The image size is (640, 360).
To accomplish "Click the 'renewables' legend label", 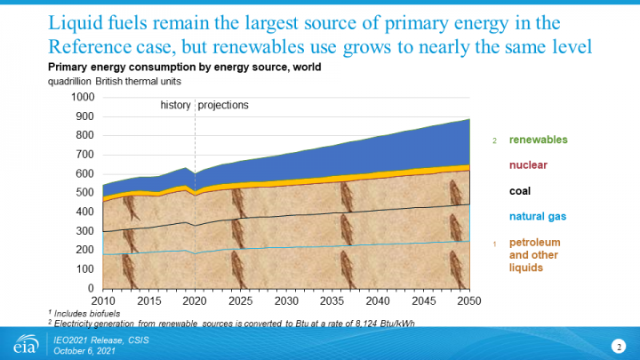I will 538,140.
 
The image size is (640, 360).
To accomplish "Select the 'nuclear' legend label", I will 528,164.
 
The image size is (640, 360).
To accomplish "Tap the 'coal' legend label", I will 521,190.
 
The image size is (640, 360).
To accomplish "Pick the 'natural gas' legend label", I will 537,216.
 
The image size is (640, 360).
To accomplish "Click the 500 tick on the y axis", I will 84,193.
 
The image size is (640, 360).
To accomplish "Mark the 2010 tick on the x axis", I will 102,300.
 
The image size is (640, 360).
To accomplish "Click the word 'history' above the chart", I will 175,105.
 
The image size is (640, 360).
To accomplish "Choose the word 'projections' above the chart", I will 223,105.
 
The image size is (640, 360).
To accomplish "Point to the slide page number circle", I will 617,344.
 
